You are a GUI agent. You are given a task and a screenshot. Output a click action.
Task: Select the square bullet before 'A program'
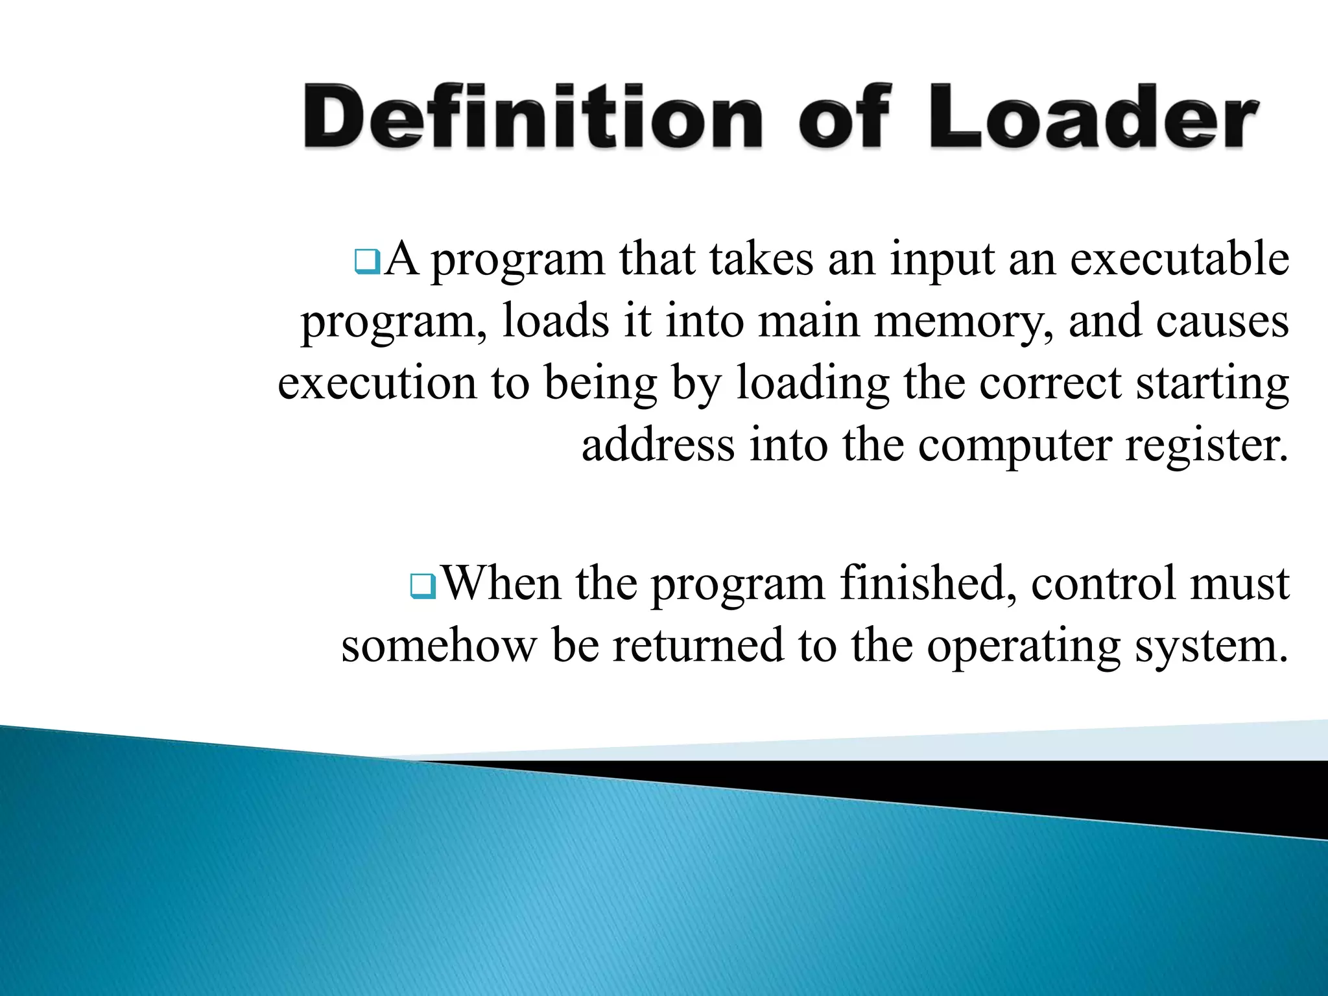coord(367,262)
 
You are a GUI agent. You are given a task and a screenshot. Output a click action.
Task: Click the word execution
coord(377,383)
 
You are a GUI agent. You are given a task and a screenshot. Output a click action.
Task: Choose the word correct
coord(1050,383)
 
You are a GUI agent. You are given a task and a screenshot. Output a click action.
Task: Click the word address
coord(658,445)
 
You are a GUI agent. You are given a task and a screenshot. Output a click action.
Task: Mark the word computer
coord(1014,447)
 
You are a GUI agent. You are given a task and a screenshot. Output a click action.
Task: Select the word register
coord(1206,447)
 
